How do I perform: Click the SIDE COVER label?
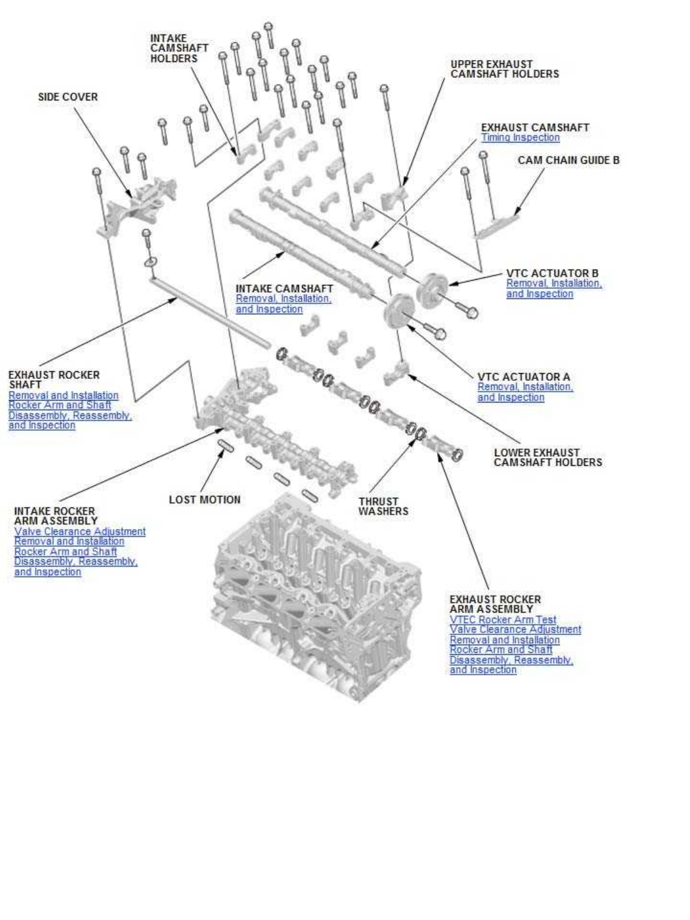(x=68, y=97)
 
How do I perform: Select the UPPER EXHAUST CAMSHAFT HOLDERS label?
(x=504, y=69)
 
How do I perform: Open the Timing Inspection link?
(x=520, y=138)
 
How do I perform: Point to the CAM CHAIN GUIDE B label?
(x=568, y=160)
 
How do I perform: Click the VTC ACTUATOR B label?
(x=552, y=273)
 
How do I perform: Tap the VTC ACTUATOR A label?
(x=523, y=377)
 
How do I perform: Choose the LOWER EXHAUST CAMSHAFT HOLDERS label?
(x=548, y=457)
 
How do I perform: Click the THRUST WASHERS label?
(x=383, y=507)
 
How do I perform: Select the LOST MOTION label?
(x=204, y=500)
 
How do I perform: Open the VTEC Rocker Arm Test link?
(x=503, y=620)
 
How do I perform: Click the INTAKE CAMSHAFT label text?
(x=284, y=289)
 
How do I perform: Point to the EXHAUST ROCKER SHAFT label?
(x=54, y=379)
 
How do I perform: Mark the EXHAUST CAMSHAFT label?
(x=535, y=128)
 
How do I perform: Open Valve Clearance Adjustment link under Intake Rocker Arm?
(x=80, y=532)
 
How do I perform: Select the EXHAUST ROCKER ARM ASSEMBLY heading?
(x=494, y=604)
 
